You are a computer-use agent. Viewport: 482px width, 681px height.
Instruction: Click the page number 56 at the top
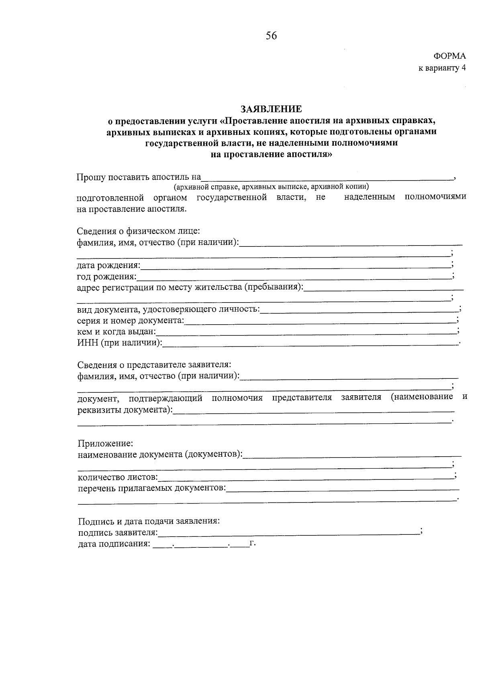[x=271, y=36]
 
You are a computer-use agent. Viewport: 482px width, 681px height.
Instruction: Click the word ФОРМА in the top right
[x=449, y=57]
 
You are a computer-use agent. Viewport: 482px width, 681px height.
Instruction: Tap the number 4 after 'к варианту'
[x=464, y=68]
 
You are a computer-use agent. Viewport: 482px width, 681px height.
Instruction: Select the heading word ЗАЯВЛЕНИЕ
[x=271, y=109]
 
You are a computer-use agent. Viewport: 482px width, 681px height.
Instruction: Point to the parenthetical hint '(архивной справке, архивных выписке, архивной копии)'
[x=271, y=187]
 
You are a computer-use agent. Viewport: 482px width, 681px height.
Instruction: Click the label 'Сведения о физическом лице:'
[x=139, y=231]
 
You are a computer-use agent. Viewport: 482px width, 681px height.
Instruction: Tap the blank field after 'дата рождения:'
[x=295, y=265]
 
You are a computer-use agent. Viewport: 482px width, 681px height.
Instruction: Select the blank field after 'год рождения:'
[x=293, y=276]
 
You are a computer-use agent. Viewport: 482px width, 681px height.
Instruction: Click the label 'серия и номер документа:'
[x=131, y=321]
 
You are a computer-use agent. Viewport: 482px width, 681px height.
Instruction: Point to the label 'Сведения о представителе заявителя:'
[x=154, y=365]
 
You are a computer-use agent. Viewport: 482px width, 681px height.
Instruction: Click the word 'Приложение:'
[x=105, y=444]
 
